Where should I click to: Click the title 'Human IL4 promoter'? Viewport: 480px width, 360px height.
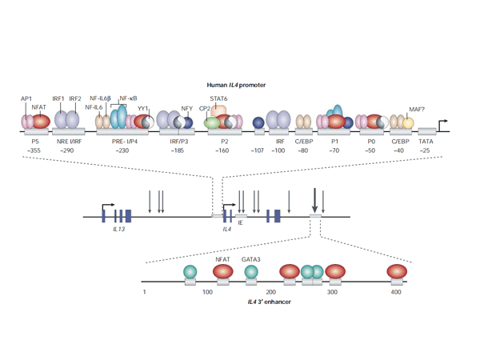(x=238, y=84)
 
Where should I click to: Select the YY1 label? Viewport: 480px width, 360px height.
(x=142, y=108)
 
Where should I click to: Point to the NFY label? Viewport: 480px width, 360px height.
(x=186, y=108)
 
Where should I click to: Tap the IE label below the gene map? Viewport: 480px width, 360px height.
(x=240, y=222)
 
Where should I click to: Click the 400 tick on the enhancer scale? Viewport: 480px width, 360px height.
(x=396, y=293)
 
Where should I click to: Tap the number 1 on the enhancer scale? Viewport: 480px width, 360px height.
(x=145, y=293)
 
